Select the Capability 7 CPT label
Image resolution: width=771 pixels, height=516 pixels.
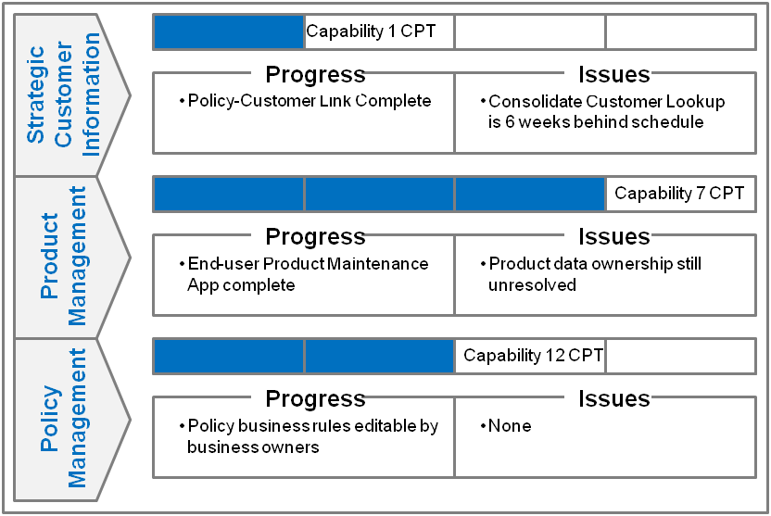[679, 195]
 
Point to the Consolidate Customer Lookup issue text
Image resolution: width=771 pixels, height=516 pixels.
[606, 111]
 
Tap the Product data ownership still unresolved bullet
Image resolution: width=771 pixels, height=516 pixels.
[594, 274]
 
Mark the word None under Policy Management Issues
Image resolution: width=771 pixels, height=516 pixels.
[510, 426]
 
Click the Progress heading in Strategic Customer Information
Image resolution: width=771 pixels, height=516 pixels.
[315, 74]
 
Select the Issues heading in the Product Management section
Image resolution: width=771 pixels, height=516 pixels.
[613, 237]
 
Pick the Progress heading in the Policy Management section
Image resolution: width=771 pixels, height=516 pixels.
[315, 398]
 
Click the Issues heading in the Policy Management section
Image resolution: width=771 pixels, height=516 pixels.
[613, 398]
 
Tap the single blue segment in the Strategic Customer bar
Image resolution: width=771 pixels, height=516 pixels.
[229, 32]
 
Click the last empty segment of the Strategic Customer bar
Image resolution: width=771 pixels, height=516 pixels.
[680, 32]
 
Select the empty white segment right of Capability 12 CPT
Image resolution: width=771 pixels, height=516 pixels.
[680, 356]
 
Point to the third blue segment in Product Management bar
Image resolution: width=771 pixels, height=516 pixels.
[529, 195]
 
